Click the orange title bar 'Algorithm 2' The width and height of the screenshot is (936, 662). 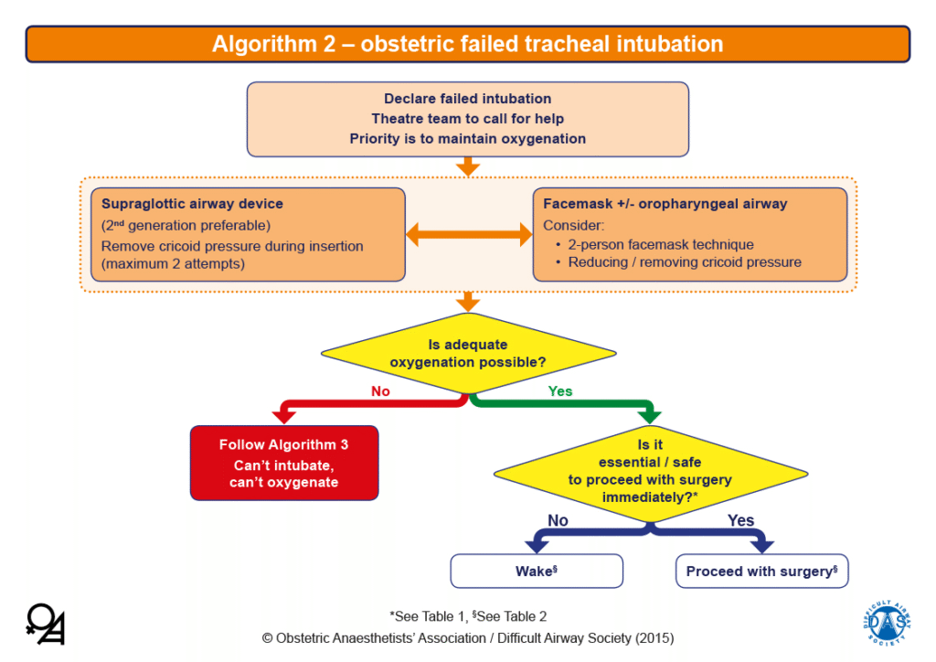point(467,44)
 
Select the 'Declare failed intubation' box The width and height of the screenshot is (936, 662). point(467,119)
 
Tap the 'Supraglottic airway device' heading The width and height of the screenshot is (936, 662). point(192,204)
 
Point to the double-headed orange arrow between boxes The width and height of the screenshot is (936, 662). point(468,235)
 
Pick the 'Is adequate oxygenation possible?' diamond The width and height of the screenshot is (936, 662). point(467,353)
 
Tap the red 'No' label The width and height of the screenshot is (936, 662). point(380,391)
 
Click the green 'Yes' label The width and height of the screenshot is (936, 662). point(559,391)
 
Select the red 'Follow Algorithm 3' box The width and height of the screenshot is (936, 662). point(283,463)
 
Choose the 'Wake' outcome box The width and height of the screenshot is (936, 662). point(536,571)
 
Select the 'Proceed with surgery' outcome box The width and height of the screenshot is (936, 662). point(761,571)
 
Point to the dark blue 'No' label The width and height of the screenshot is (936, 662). point(558,520)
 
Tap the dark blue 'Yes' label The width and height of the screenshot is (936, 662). point(740,520)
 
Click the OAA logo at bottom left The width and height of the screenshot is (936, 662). point(46,624)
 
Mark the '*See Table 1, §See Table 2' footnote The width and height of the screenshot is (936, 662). point(468,616)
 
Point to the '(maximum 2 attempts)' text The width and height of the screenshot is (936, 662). point(173,263)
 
